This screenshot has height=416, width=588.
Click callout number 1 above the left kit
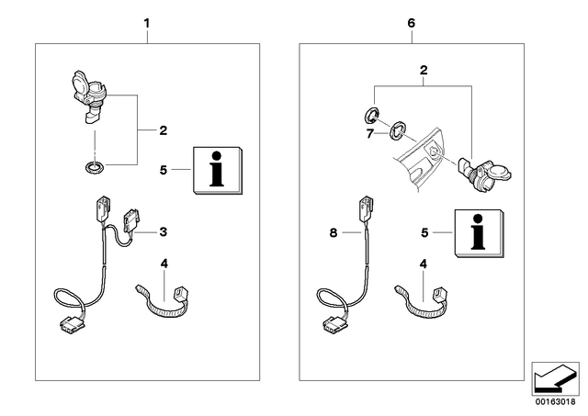coord(147,24)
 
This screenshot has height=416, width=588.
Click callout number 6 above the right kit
coord(412,23)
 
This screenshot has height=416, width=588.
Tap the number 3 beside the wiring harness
coord(164,232)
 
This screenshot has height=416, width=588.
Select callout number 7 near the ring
coord(370,133)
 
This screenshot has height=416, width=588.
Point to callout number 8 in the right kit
coord(334,232)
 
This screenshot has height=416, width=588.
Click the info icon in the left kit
coord(218,170)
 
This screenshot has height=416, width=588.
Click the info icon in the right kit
coord(480,233)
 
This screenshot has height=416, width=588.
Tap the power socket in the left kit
coord(88,96)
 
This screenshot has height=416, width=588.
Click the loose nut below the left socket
coord(94,167)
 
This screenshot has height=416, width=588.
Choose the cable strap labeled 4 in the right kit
coord(422,304)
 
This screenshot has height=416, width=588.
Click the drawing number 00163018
coord(555,401)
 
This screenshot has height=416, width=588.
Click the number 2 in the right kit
coord(424,70)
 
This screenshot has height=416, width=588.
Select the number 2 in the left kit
coord(164,130)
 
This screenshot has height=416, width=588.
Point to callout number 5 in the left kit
coord(164,170)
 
